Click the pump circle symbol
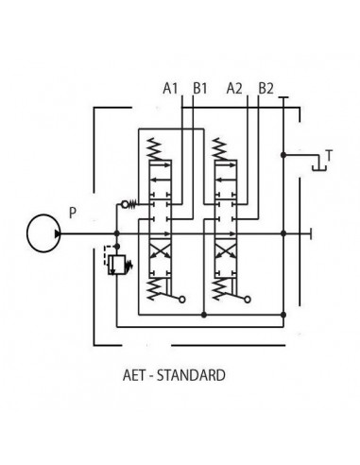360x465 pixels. click(41, 232)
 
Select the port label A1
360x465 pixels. click(170, 89)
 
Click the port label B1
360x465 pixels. click(199, 89)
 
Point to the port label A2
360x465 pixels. click(235, 89)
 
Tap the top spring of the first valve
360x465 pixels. click(155, 147)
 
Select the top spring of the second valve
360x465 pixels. click(221, 147)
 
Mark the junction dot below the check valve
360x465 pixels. click(115, 232)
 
